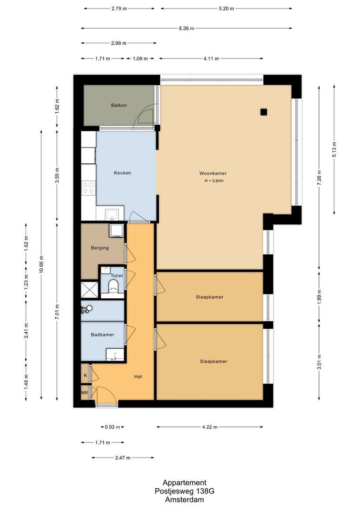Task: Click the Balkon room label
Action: click(x=119, y=105)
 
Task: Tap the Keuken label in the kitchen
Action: click(x=122, y=173)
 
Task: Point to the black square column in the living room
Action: click(x=263, y=112)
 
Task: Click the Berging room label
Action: click(x=100, y=248)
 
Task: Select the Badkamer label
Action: click(x=103, y=335)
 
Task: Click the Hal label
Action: click(x=138, y=376)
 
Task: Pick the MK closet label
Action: click(x=85, y=392)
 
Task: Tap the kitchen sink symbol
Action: click(x=112, y=215)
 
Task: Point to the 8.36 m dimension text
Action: click(x=186, y=28)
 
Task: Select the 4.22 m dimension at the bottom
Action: click(x=209, y=427)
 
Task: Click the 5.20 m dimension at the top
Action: click(x=226, y=8)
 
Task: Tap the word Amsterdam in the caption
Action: click(x=184, y=500)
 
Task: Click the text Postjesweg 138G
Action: click(x=184, y=491)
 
